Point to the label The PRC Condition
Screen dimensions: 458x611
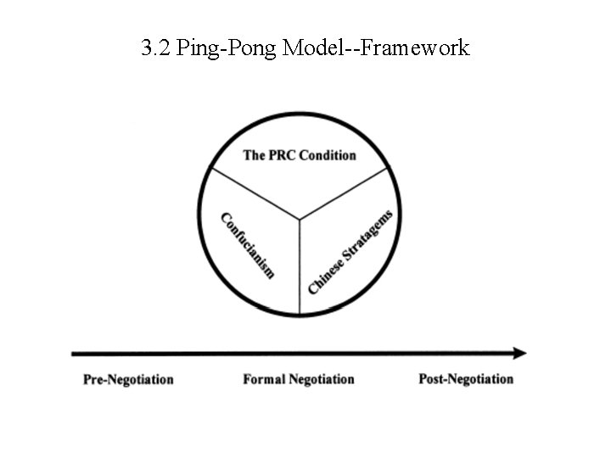pyautogui.click(x=300, y=155)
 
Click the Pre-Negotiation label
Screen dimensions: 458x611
pyautogui.click(x=128, y=379)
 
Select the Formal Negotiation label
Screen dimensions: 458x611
pyautogui.click(x=299, y=379)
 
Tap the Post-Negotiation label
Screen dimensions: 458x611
pyautogui.click(x=466, y=379)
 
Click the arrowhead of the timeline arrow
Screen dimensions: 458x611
pyautogui.click(x=519, y=353)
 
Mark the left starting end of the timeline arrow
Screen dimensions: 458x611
pyautogui.click(x=76, y=353)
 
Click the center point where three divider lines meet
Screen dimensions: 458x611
pyautogui.click(x=300, y=221)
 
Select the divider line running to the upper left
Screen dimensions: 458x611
pyautogui.click(x=255, y=195)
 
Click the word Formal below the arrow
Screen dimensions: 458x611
pyautogui.click(x=264, y=379)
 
